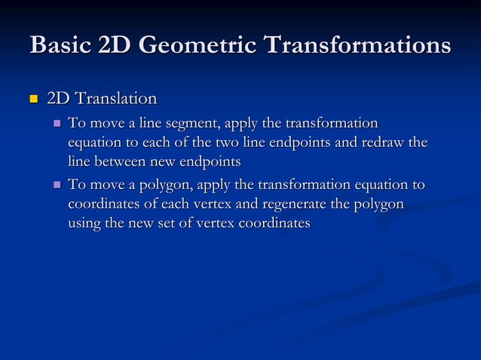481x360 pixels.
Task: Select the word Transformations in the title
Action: click(x=358, y=44)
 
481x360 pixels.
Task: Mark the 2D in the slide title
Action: click(x=113, y=44)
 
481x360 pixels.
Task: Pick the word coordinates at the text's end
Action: click(x=273, y=224)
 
